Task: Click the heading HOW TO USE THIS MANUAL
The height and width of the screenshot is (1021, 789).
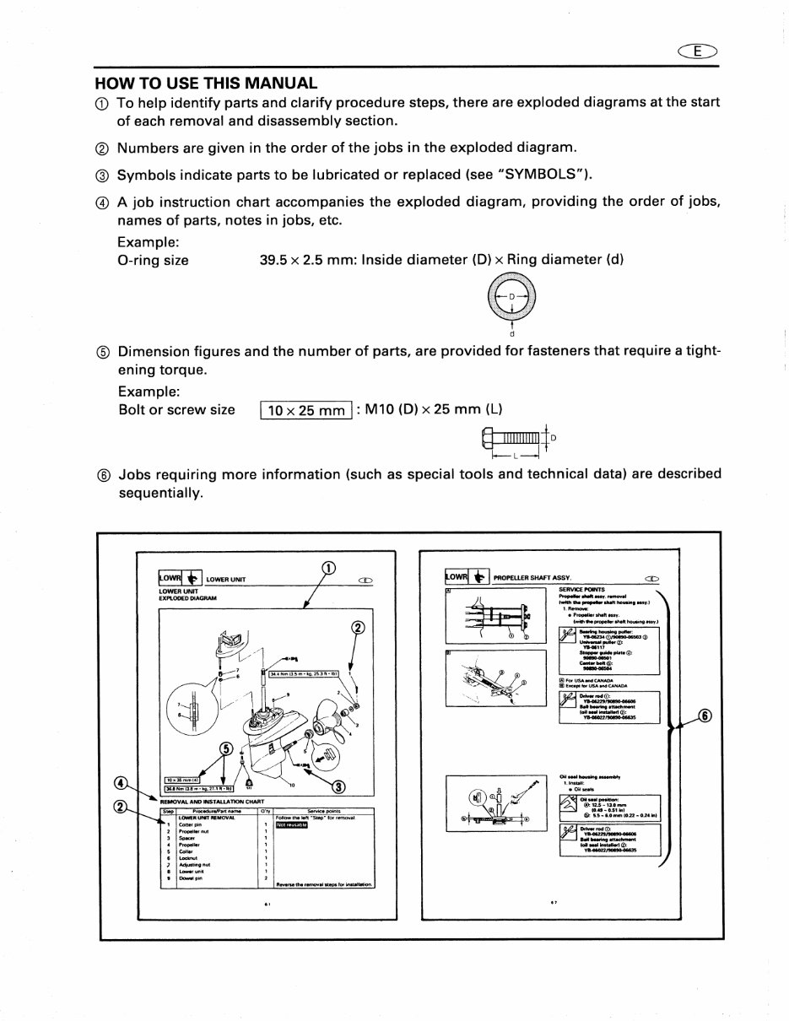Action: click(206, 83)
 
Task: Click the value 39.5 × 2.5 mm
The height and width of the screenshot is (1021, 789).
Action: click(306, 260)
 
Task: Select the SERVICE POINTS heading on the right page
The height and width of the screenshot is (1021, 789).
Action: click(576, 589)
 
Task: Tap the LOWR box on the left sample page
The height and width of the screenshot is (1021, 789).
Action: click(172, 578)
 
